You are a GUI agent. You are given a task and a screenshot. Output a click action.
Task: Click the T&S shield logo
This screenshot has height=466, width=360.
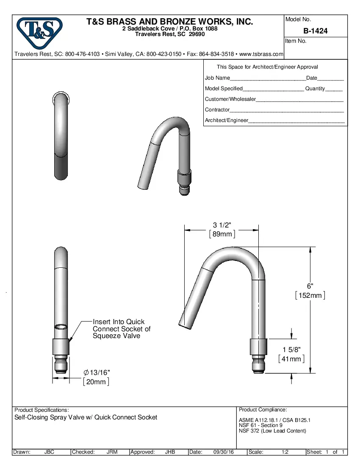point(39,33)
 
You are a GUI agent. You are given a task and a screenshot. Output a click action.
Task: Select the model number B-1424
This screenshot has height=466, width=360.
point(316,31)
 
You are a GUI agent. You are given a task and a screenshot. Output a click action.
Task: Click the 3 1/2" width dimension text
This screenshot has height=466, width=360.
point(222,225)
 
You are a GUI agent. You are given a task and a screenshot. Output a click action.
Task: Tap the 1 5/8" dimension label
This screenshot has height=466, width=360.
point(291,349)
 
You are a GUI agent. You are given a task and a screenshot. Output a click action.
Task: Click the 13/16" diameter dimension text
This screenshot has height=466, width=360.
point(97,372)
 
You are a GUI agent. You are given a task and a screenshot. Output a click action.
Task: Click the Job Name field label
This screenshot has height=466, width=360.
point(217,78)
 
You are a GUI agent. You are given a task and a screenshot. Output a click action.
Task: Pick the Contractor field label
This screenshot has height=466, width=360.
point(217,110)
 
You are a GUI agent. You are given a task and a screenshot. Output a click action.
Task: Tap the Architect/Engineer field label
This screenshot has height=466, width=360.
point(226,120)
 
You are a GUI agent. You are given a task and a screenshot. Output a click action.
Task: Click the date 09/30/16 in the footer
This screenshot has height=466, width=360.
point(224,452)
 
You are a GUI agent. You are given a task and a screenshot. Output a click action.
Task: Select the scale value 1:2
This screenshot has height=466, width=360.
point(285,452)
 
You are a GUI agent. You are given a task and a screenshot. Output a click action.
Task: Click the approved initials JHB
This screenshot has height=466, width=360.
point(170,452)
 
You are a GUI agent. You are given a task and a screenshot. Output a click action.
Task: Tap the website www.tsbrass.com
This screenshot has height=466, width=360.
point(261,54)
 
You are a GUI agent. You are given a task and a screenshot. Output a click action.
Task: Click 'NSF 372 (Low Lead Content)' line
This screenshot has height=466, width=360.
point(272,431)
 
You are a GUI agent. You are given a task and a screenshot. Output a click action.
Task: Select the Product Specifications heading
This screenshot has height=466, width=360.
point(42,410)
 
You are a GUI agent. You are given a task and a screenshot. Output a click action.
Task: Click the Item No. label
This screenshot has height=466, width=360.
point(296,41)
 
